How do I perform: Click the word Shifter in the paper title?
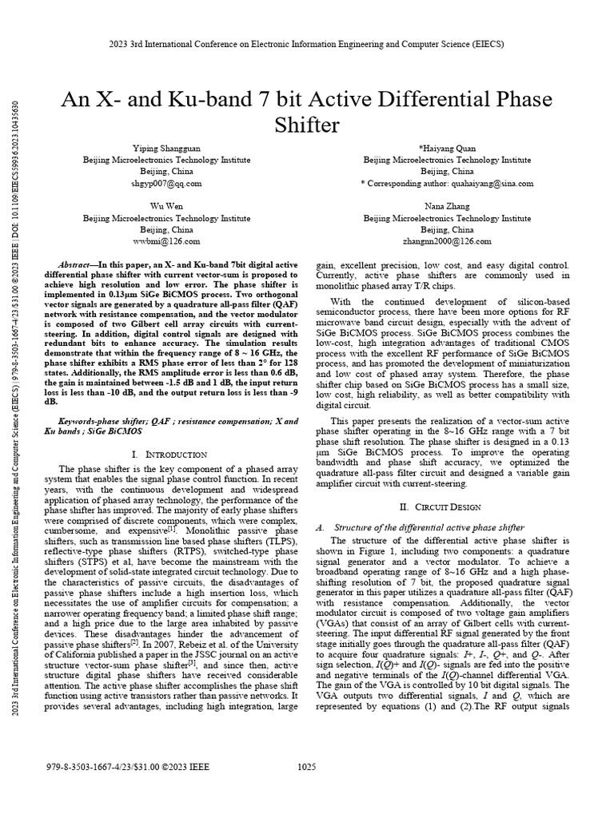(x=307, y=125)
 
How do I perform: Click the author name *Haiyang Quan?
(x=447, y=149)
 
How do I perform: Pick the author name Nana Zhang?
(x=447, y=205)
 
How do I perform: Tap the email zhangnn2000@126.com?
(x=447, y=240)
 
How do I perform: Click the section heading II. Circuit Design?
(x=447, y=506)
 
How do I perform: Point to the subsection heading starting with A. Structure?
(x=421, y=527)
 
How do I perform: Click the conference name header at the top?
(x=307, y=46)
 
